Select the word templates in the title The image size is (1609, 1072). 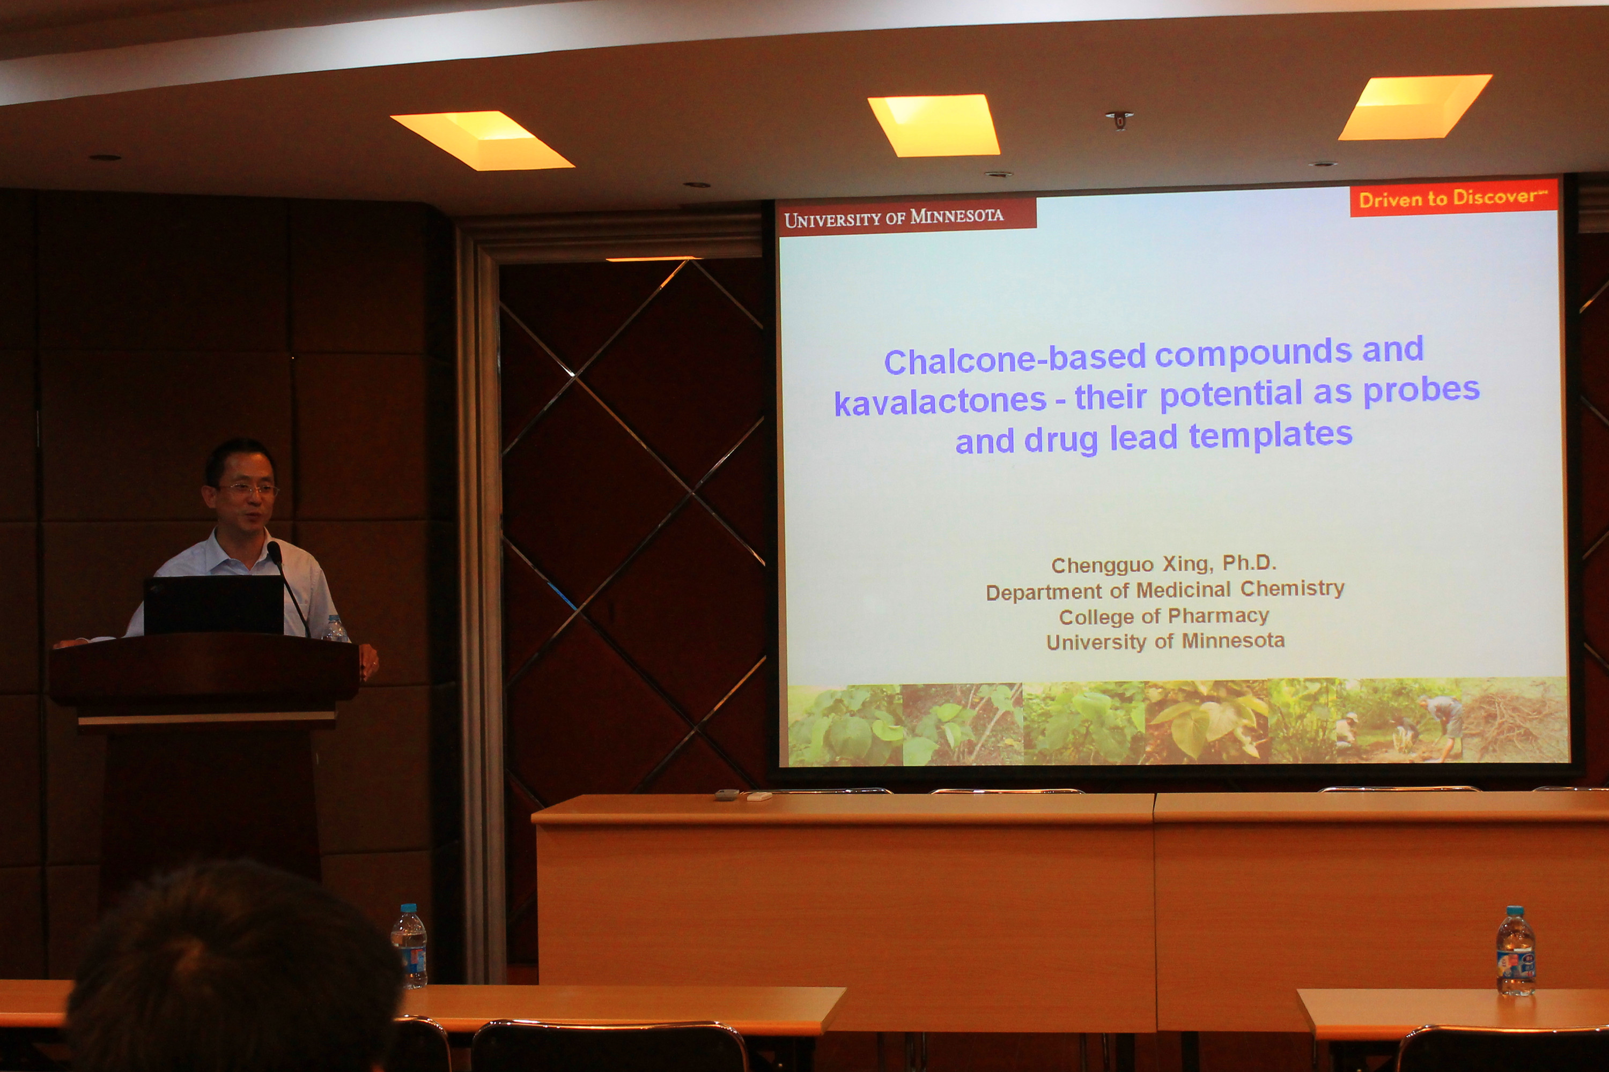pyautogui.click(x=1271, y=435)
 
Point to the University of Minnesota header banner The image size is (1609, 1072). pyautogui.click(x=906, y=217)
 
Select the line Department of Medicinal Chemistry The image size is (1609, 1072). pyautogui.click(x=1165, y=590)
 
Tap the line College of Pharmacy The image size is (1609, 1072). pyautogui.click(x=1164, y=616)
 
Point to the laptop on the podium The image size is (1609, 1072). pyautogui.click(x=213, y=606)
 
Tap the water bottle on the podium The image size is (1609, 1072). pyautogui.click(x=335, y=629)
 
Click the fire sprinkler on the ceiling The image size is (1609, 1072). pyautogui.click(x=1119, y=120)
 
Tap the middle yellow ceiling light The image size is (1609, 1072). pyautogui.click(x=934, y=125)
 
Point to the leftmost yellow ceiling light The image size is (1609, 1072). pyautogui.click(x=482, y=140)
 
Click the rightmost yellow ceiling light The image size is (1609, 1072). pyautogui.click(x=1415, y=107)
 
